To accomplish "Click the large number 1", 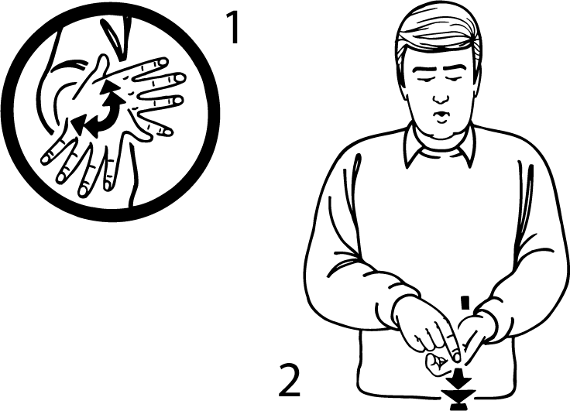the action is pyautogui.click(x=232, y=27).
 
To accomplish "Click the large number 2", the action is pyautogui.click(x=290, y=381).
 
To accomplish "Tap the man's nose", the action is pyautogui.click(x=441, y=96).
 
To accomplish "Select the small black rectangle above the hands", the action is pyautogui.click(x=465, y=303).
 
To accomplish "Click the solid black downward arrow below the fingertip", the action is pyautogui.click(x=459, y=378).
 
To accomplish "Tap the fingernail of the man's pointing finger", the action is pyautogui.click(x=456, y=355).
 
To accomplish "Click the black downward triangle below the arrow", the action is pyautogui.click(x=458, y=396).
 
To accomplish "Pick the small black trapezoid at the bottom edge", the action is pyautogui.click(x=458, y=407).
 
